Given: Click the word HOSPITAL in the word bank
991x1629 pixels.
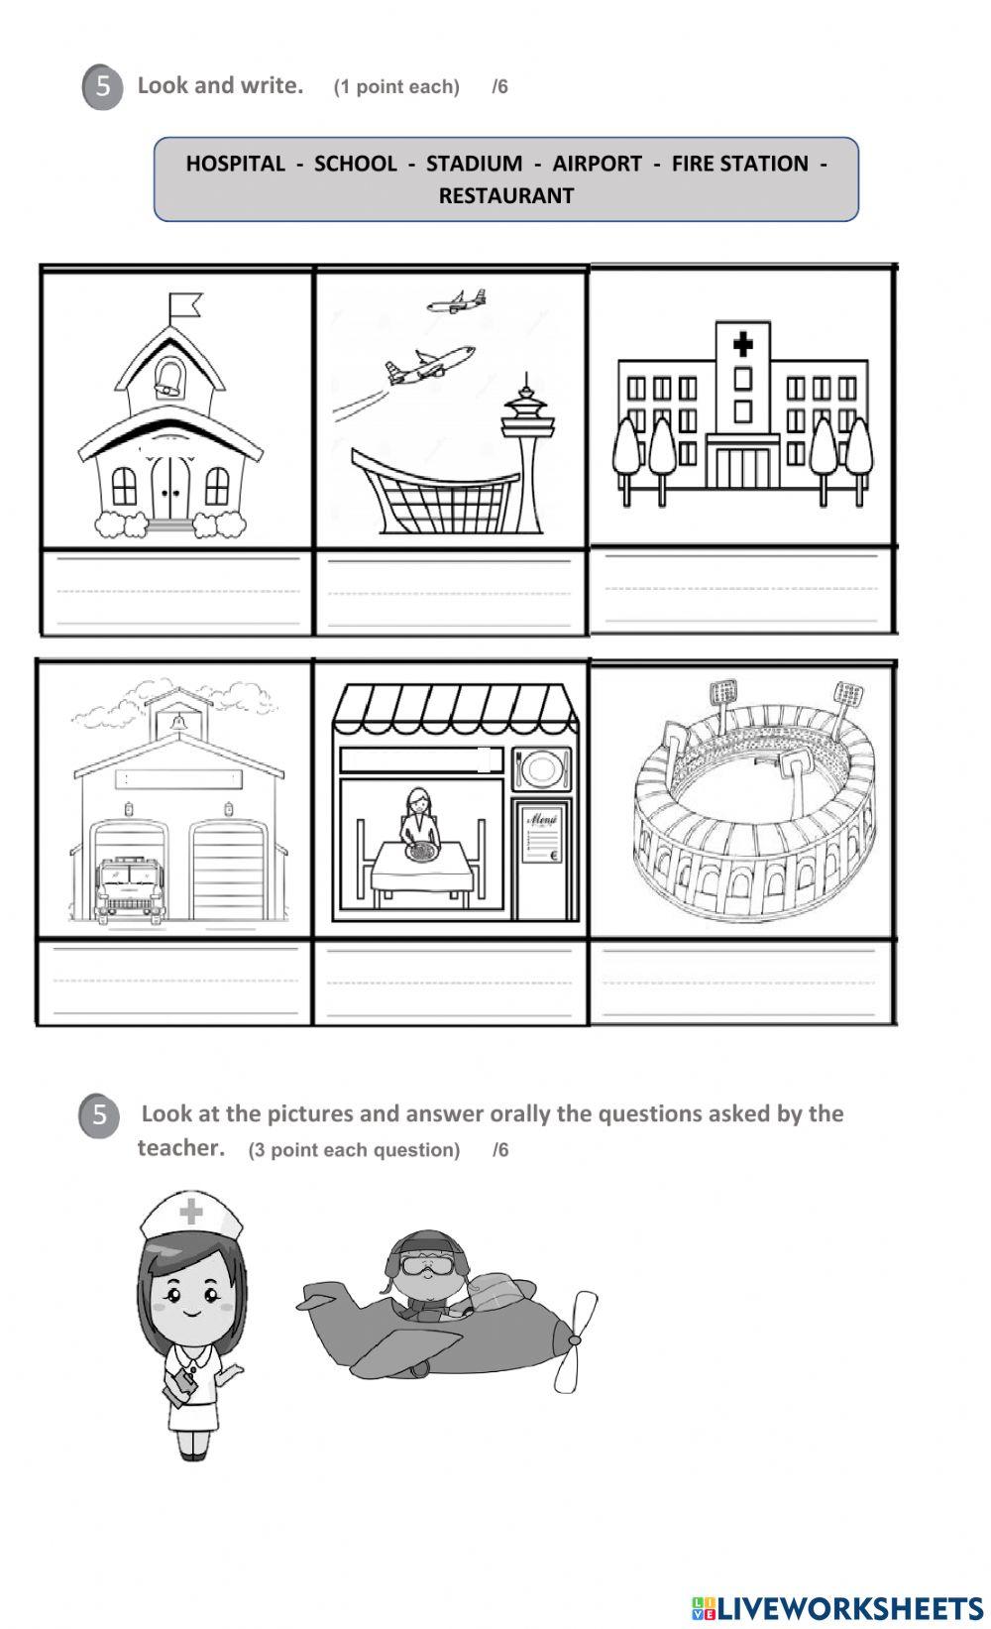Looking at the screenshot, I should (235, 164).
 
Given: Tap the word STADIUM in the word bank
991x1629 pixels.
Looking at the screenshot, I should (474, 164).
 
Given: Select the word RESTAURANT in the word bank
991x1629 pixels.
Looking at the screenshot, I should (505, 195).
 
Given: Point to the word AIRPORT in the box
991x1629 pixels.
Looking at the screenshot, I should (597, 164).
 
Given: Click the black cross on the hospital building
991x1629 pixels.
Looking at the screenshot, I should (742, 345).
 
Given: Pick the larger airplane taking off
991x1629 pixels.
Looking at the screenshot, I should (430, 365).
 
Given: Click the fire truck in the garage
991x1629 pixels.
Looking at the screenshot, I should (128, 887).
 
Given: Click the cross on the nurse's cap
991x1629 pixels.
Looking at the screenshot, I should (190, 1212).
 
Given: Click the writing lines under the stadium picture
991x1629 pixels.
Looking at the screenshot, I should (739, 983).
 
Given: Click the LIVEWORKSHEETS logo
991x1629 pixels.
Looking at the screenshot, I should (837, 1607).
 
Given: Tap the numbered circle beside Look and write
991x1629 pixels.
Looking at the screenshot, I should (102, 87).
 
